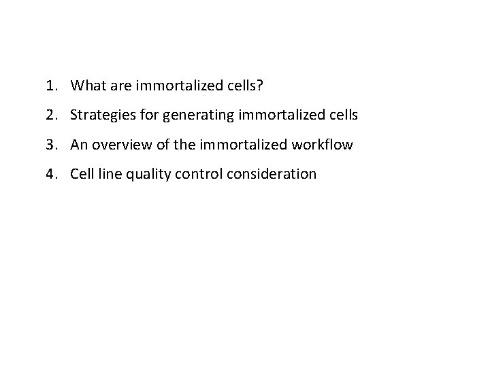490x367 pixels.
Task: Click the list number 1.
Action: click(x=50, y=86)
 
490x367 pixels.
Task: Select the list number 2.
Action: click(x=50, y=115)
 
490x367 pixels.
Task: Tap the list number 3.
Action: click(x=50, y=144)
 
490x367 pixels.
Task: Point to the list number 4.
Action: click(x=50, y=173)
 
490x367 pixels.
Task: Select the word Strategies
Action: click(x=100, y=115)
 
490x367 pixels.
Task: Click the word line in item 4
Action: click(x=109, y=173)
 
